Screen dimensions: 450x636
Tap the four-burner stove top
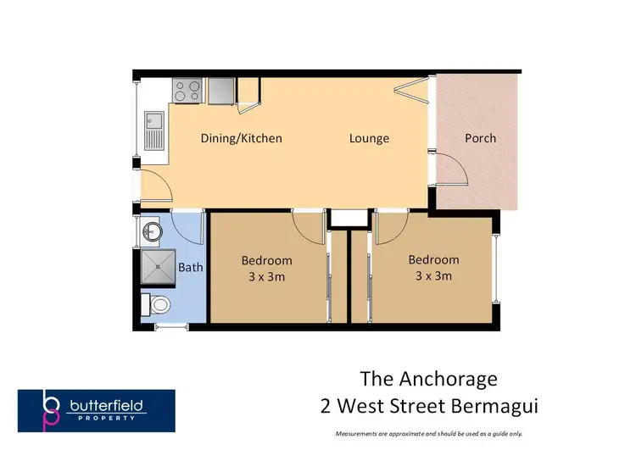[187, 90]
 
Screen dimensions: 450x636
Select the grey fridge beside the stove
[220, 90]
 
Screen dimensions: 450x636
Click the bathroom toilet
[157, 303]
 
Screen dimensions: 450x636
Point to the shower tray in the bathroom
[157, 267]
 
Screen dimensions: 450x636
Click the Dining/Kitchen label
[241, 138]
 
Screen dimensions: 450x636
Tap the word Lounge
[369, 138]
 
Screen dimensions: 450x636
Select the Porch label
[480, 138]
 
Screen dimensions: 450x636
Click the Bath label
[191, 268]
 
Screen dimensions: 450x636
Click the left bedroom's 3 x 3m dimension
[266, 276]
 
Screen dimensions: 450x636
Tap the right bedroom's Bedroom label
[433, 259]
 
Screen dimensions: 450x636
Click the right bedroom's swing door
[390, 225]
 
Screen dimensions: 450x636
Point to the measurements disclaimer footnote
[428, 433]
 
